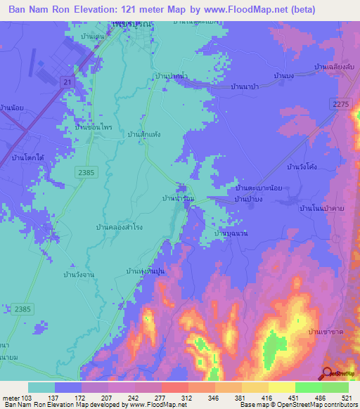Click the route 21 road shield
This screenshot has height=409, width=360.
pyautogui.click(x=67, y=83)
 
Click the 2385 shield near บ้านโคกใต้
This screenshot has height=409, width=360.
pyautogui.click(x=85, y=171)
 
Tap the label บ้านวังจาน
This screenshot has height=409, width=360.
pyautogui.click(x=78, y=275)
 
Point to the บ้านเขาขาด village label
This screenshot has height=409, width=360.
pyautogui.click(x=328, y=330)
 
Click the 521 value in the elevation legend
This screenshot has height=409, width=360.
pyautogui.click(x=346, y=398)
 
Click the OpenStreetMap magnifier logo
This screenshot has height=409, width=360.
pyautogui.click(x=328, y=374)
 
